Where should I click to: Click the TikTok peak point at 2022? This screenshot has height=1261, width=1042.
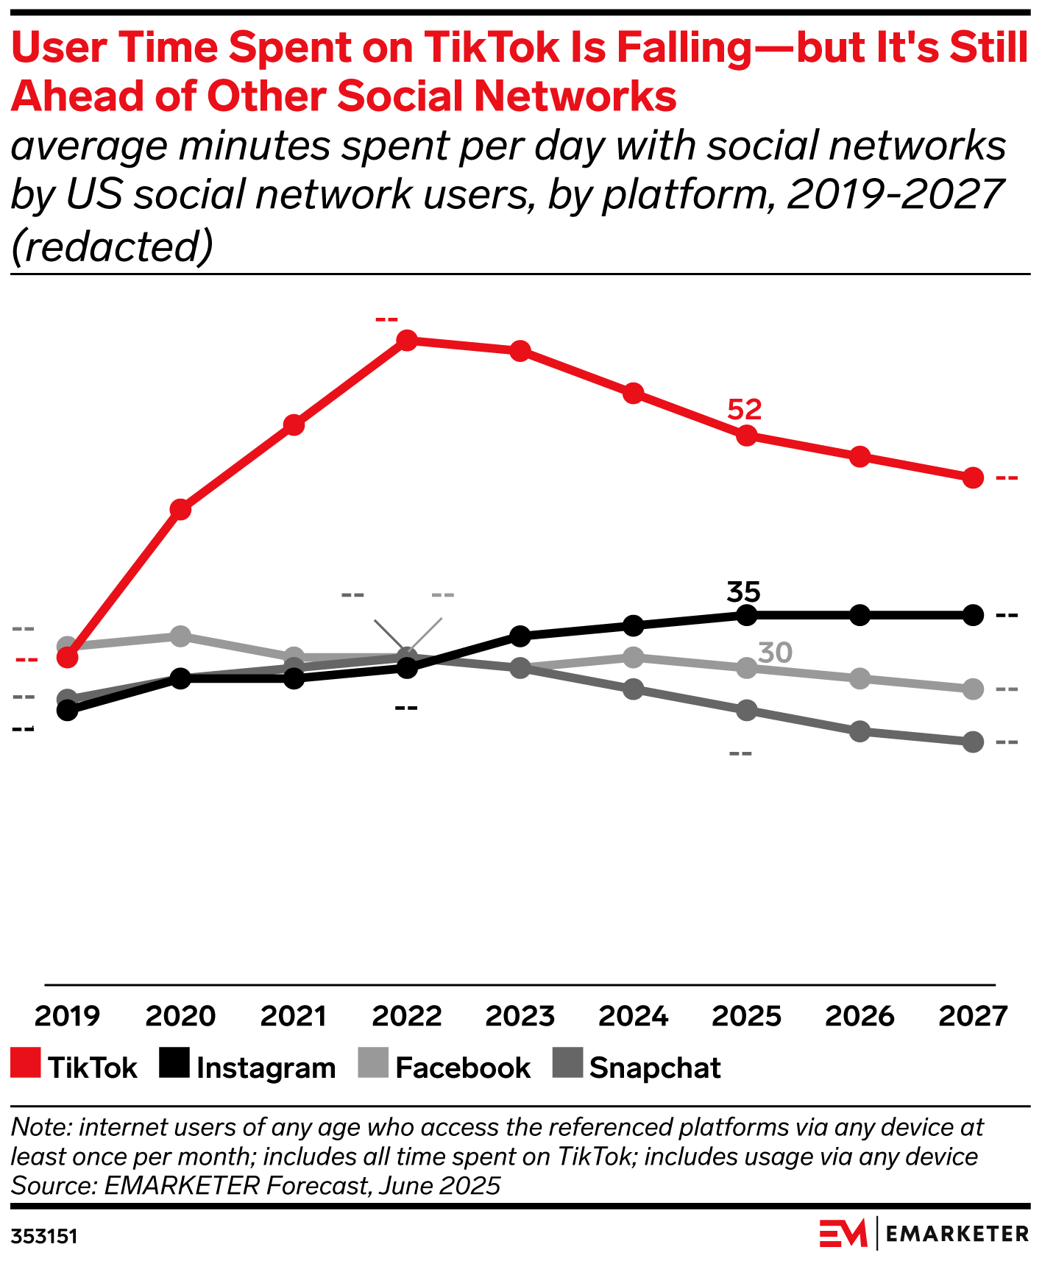(407, 340)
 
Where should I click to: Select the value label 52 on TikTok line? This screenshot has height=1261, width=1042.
(744, 410)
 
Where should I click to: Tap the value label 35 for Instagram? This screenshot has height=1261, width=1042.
(743, 592)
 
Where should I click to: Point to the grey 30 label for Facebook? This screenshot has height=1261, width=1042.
(775, 653)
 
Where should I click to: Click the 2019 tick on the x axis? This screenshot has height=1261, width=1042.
(67, 1016)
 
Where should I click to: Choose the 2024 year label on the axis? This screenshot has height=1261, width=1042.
(633, 1016)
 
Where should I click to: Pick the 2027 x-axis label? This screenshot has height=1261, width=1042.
(972, 1016)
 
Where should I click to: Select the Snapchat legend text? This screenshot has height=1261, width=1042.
(655, 1068)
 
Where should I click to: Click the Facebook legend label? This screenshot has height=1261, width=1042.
(463, 1068)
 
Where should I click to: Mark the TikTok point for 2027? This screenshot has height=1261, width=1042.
(973, 478)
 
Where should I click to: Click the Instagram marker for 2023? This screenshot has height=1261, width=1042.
(520, 636)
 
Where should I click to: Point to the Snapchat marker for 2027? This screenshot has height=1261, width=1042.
(973, 742)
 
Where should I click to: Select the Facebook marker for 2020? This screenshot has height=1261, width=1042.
(180, 636)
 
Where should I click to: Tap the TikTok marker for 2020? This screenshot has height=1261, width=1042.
(180, 509)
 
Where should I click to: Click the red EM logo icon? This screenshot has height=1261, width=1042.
(843, 1234)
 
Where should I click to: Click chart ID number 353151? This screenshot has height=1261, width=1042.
(44, 1236)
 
